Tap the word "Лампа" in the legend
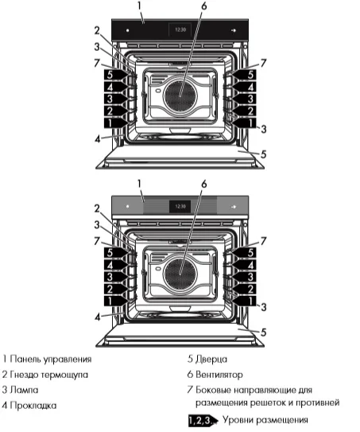click(x=25, y=390)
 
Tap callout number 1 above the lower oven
click(x=140, y=183)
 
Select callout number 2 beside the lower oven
click(x=96, y=208)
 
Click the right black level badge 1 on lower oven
click(x=249, y=302)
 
